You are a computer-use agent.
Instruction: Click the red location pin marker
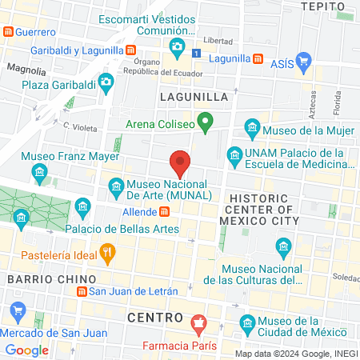point(181,163)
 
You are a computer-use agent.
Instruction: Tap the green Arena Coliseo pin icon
point(205,124)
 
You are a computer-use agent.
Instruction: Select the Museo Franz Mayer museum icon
point(38,173)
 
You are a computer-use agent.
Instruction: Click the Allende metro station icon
point(164,211)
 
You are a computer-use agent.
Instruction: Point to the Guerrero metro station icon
point(8,32)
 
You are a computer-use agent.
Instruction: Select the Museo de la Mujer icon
point(253,128)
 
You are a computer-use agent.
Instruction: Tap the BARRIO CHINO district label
point(39,278)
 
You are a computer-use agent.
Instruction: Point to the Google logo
point(26,350)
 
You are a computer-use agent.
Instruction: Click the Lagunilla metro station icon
point(258,58)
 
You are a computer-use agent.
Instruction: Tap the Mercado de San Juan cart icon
point(17,311)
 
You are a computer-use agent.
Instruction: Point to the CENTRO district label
point(157,318)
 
